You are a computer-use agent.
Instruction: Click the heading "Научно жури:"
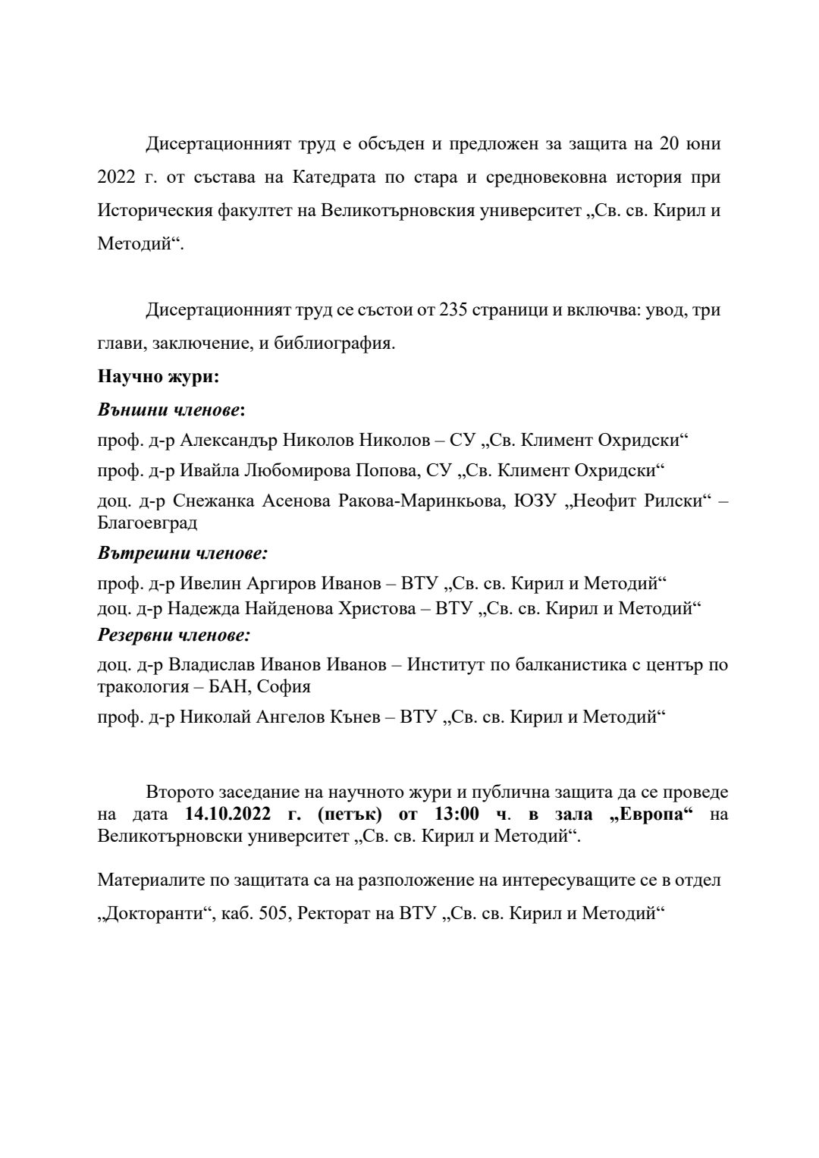pyautogui.click(x=158, y=376)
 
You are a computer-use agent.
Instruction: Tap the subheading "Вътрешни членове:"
pyautogui.click(x=182, y=553)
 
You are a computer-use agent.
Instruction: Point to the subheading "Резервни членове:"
pyautogui.click(x=174, y=634)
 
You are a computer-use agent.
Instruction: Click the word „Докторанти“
pyautogui.click(x=153, y=914)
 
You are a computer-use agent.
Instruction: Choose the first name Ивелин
pyautogui.click(x=207, y=583)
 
